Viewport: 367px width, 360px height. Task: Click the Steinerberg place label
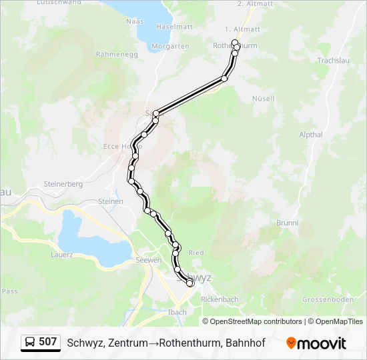pos(63,183)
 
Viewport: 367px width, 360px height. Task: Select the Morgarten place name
pos(171,46)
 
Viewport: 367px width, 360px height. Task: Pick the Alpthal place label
pos(311,135)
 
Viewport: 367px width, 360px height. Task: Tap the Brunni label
pos(287,223)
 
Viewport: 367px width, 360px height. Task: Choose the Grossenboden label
pos(328,300)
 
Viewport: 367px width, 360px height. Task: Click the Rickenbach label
pos(220,300)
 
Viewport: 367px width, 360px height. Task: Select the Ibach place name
pos(177,312)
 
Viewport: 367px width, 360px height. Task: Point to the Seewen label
pos(148,260)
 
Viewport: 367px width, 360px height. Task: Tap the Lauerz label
pos(61,255)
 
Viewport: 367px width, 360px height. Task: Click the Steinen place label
pos(111,201)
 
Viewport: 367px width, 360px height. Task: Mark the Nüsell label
pos(264,99)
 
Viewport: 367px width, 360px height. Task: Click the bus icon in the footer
pos(31,343)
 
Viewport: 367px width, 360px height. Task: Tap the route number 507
pos(48,342)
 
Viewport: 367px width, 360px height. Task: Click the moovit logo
pos(316,343)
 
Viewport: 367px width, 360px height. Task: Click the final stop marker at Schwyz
pos(190,283)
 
